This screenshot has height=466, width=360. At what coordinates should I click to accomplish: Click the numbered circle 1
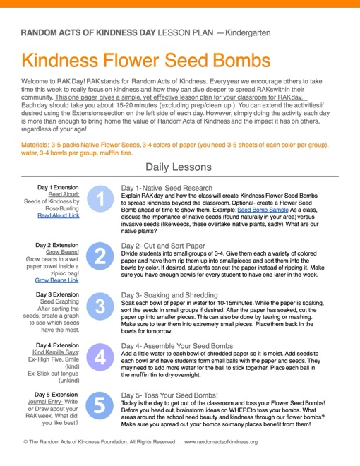click(100, 201)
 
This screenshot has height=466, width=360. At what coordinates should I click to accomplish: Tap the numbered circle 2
click(100, 255)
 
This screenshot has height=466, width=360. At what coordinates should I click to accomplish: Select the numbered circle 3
click(100, 306)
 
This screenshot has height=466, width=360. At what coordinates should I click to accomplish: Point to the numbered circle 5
click(100, 407)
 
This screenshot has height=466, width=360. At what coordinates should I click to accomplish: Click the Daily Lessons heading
click(179, 167)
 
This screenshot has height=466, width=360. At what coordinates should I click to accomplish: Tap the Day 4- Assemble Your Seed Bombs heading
click(177, 346)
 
